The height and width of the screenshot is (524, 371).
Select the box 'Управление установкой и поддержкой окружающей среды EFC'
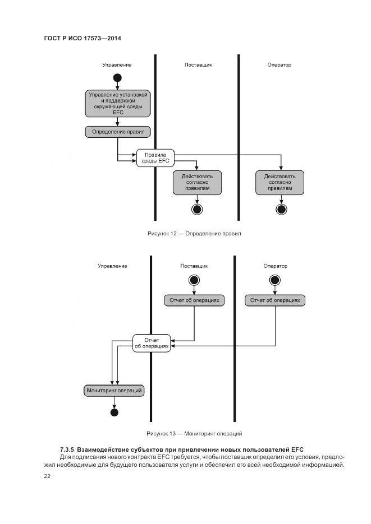[x=118, y=103]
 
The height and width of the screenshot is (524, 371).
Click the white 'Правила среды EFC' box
[x=155, y=157]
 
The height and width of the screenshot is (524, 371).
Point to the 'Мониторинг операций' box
[x=113, y=390]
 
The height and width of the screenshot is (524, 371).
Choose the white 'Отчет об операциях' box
[x=152, y=343]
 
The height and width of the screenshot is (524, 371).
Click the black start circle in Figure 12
[x=117, y=77]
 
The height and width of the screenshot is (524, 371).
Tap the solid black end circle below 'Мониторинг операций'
[x=114, y=413]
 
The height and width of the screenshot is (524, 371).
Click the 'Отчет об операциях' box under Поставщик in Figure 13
[x=195, y=300]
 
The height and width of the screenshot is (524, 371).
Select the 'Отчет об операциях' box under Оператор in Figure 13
[x=275, y=300]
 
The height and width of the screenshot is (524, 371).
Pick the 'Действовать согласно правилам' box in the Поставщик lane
[x=197, y=183]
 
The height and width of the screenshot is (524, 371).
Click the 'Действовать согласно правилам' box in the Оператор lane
[x=280, y=183]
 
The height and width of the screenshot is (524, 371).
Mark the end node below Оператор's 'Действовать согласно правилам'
[x=281, y=210]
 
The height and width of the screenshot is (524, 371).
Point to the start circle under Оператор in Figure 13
[x=275, y=280]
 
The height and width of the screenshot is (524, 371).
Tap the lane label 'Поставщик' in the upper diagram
[x=198, y=65]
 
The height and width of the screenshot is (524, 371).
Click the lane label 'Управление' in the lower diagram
[x=112, y=266]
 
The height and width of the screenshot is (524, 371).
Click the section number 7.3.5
[x=67, y=449]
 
